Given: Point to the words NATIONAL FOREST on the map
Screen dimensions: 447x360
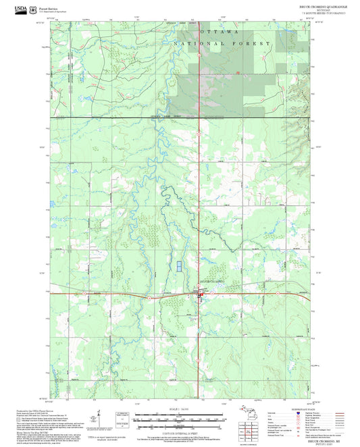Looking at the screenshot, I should coord(223,43).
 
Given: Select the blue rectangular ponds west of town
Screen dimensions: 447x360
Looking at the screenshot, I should coord(180,266).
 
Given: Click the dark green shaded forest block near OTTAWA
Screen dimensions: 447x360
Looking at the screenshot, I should coord(203,81).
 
